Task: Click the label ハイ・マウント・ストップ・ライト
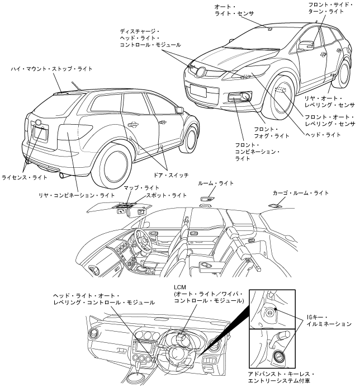(x=51, y=69)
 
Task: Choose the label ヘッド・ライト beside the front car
(x=322, y=134)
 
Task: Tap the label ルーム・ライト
(x=216, y=183)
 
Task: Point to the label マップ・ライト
(x=141, y=187)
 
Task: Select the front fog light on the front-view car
(x=245, y=97)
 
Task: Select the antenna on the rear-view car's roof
(x=75, y=86)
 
